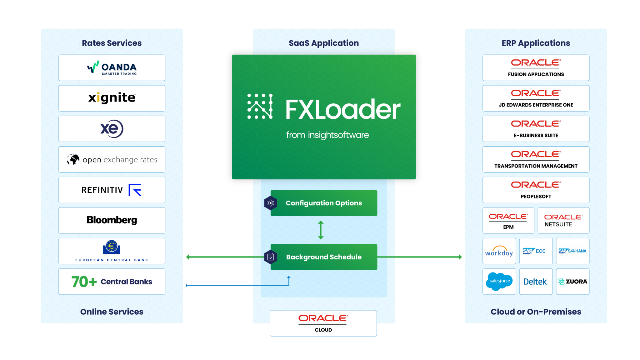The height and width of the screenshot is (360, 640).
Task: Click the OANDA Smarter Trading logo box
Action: pos(112,68)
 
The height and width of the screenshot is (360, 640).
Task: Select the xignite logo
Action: pos(112,98)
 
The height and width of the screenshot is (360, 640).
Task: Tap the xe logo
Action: pos(112,129)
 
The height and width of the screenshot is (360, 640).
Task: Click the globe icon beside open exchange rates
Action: pos(73,159)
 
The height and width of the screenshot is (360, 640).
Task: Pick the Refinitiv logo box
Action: pos(112,190)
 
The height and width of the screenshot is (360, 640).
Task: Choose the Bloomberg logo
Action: pos(112,220)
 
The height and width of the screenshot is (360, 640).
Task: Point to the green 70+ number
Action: pos(84,282)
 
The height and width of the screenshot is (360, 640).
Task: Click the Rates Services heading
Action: pos(112,43)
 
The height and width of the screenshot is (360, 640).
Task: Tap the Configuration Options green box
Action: pos(324,203)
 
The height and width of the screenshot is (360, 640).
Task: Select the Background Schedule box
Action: pos(324,257)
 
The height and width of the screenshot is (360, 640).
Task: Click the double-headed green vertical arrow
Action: pos(321,230)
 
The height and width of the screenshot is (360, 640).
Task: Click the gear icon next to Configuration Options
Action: pos(271,203)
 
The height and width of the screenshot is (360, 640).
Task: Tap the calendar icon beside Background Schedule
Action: pos(271,257)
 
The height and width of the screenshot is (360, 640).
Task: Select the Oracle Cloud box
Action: pos(323,323)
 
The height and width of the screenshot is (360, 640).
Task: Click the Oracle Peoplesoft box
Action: pos(536,190)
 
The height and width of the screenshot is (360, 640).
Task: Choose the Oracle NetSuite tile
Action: pos(563,220)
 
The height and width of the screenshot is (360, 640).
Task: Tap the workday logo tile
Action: pos(499,251)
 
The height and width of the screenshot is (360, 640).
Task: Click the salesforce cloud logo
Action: pos(499,281)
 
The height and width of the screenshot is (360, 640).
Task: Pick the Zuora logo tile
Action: pos(572,282)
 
